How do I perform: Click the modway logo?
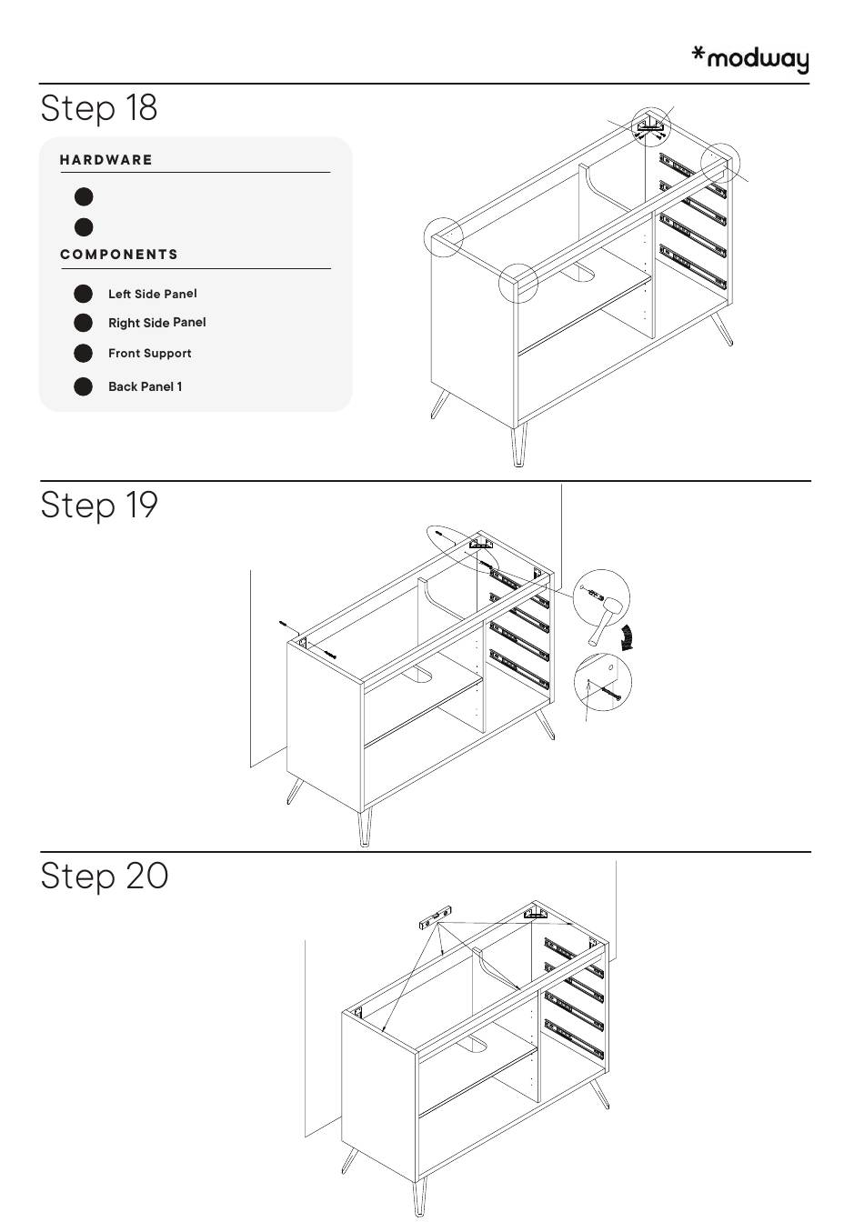750,59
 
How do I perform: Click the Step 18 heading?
99,108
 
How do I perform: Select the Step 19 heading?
99,505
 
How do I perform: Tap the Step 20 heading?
104,876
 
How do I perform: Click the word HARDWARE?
105,160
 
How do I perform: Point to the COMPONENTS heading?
119,255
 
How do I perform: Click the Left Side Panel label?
152,294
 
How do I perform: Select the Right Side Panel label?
157,323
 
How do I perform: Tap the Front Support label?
149,353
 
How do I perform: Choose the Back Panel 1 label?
146,386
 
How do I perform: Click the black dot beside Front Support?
83,353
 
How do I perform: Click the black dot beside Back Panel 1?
83,386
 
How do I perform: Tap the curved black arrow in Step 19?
628,637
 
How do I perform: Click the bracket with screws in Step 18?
649,127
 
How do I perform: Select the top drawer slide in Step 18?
693,174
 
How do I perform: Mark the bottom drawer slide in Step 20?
574,1037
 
